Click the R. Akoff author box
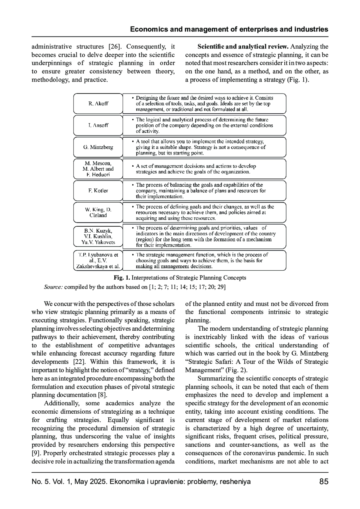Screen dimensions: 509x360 [98, 103]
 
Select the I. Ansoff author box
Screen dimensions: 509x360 [98, 125]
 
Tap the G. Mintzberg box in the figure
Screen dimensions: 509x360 [98, 147]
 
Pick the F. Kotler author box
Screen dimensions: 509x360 [98, 191]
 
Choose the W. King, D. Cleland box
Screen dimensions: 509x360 [98, 212]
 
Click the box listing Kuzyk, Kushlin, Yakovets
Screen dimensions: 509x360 [98, 237]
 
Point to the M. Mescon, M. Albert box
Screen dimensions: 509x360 [98, 169]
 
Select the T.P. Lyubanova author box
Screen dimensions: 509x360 [98, 260]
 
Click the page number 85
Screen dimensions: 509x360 [324, 482]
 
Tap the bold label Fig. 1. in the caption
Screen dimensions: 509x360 [122, 278]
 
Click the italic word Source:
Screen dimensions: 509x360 [53, 287]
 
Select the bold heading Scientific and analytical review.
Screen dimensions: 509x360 [243, 46]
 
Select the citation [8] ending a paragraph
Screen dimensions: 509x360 [103, 395]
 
